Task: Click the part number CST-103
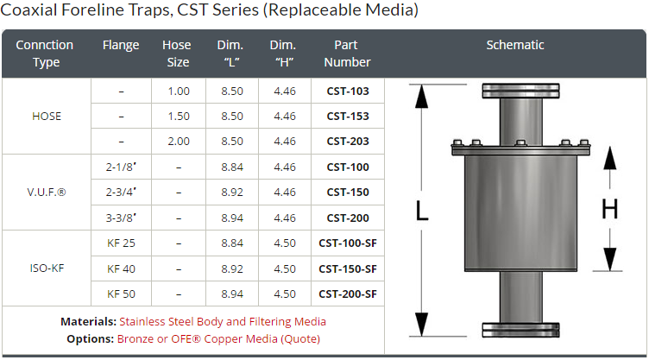(348, 92)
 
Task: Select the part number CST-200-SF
(348, 294)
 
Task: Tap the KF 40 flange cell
(121, 268)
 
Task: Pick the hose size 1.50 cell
(179, 116)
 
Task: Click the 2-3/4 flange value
(121, 193)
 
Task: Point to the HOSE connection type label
(47, 117)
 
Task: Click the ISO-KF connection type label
(47, 268)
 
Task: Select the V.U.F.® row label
(47, 193)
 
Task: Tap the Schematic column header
(515, 45)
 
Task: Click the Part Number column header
(347, 54)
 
